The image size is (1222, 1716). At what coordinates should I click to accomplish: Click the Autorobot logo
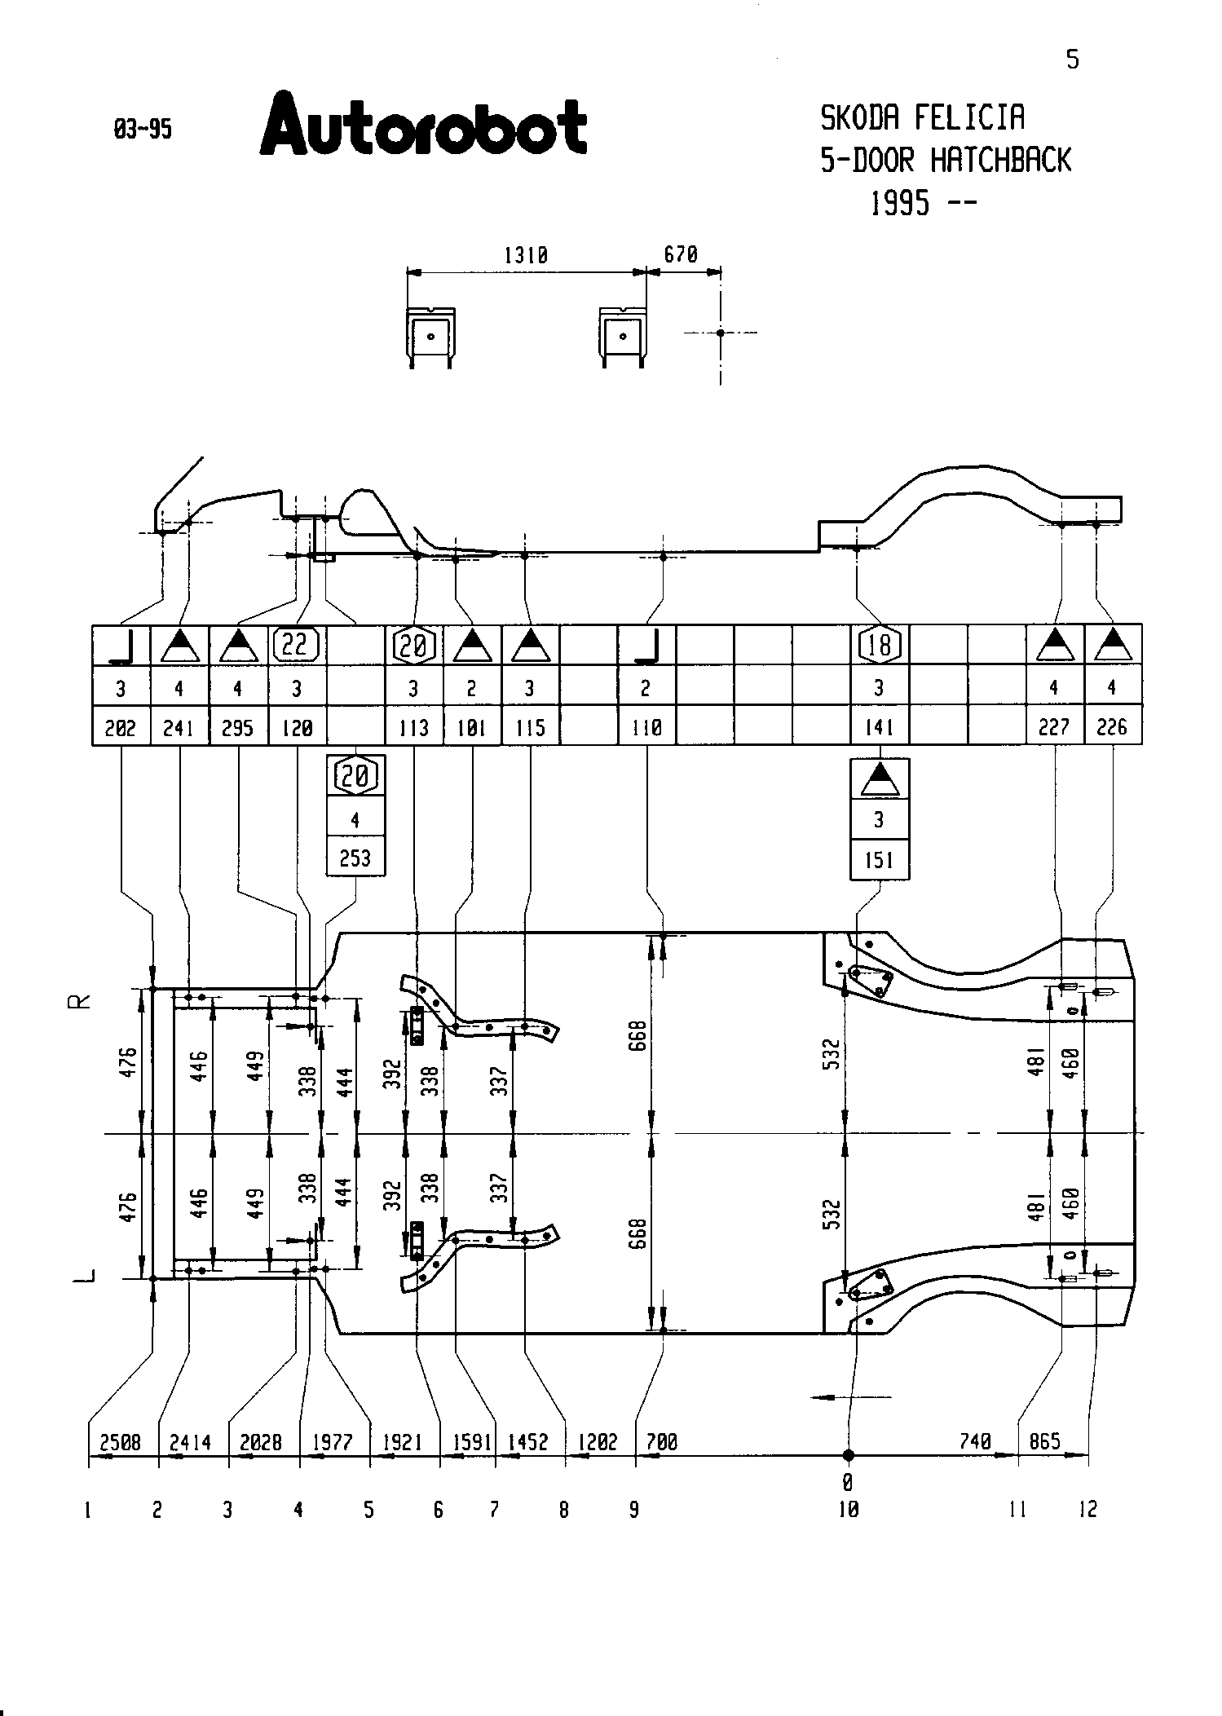[423, 126]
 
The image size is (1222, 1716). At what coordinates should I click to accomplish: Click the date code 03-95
[143, 130]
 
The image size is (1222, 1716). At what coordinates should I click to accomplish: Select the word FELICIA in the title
[968, 118]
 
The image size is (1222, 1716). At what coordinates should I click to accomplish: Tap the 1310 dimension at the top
[525, 255]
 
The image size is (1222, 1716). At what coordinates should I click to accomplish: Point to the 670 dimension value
[681, 254]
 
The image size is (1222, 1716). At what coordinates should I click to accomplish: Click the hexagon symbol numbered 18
[880, 645]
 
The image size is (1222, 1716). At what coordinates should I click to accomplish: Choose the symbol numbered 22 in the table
[295, 645]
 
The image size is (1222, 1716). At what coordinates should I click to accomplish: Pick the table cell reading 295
[238, 727]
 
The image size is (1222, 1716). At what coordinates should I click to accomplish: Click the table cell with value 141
[880, 727]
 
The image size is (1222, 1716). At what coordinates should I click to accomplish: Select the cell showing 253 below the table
[355, 858]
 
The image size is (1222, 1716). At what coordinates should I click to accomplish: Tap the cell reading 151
[880, 860]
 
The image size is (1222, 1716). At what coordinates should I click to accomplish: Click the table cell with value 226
[1112, 727]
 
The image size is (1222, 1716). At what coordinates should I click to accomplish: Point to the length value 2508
[121, 1443]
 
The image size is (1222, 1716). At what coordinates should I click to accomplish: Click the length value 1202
[598, 1443]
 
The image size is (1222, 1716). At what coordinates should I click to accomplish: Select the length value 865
[1045, 1441]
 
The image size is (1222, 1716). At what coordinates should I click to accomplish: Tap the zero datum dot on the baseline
[848, 1455]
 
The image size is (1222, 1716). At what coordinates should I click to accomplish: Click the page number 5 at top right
[1073, 60]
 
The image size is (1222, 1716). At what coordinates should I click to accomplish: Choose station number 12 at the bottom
[1088, 1510]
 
